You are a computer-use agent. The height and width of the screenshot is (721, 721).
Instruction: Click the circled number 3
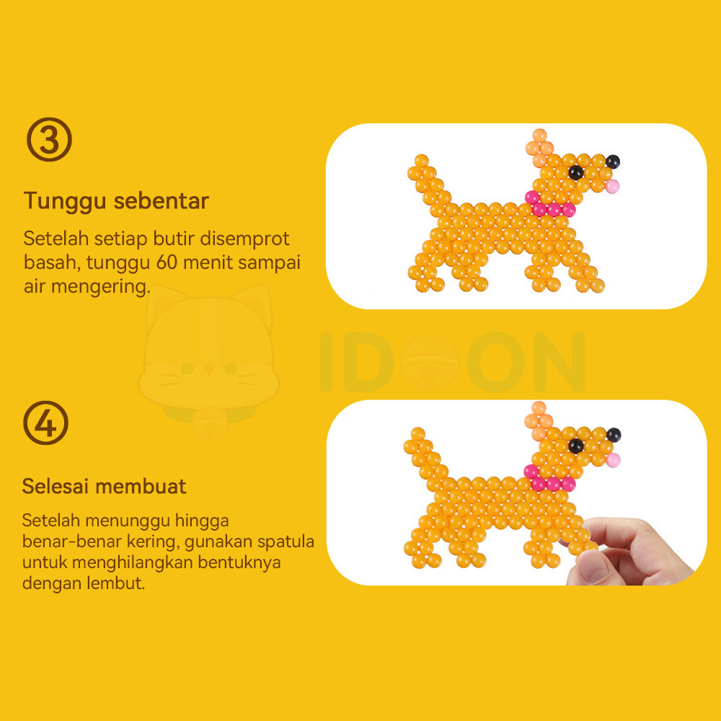pyautogui.click(x=49, y=139)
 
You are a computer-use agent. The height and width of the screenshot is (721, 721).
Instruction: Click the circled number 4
pyautogui.click(x=46, y=423)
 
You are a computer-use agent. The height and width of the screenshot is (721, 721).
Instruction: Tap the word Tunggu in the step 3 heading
pyautogui.click(x=64, y=201)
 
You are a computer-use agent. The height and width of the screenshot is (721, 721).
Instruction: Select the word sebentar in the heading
pyautogui.click(x=162, y=200)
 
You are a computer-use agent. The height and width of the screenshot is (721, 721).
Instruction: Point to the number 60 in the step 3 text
pyautogui.click(x=167, y=262)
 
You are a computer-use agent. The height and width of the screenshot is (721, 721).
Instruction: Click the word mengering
pyautogui.click(x=101, y=286)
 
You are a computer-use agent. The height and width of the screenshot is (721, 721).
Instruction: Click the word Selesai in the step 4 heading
pyautogui.click(x=55, y=486)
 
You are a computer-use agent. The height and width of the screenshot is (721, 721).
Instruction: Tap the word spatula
pyautogui.click(x=286, y=542)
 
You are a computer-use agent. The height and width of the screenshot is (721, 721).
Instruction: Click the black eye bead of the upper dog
pyautogui.click(x=575, y=172)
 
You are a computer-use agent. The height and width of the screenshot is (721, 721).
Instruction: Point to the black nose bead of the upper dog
pyautogui.click(x=612, y=162)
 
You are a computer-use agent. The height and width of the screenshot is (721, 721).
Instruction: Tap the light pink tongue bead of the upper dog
pyautogui.click(x=612, y=186)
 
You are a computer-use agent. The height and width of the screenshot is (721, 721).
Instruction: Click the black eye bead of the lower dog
pyautogui.click(x=575, y=446)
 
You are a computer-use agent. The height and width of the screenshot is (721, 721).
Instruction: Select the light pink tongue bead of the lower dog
pyautogui.click(x=613, y=460)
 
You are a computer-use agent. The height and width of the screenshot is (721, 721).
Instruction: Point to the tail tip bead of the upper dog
pyautogui.click(x=421, y=161)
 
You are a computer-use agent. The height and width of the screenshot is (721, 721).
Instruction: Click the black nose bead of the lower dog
pyautogui.click(x=614, y=435)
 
